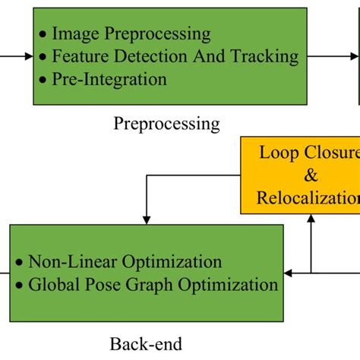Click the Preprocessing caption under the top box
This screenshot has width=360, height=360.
167,123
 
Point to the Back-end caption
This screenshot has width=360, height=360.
150,344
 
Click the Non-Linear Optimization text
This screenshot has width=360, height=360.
125,262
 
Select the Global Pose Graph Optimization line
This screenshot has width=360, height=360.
153,286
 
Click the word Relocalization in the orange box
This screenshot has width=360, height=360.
308,198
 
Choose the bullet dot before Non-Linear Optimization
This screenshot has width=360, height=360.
19,263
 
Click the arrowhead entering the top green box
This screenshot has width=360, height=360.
28,55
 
